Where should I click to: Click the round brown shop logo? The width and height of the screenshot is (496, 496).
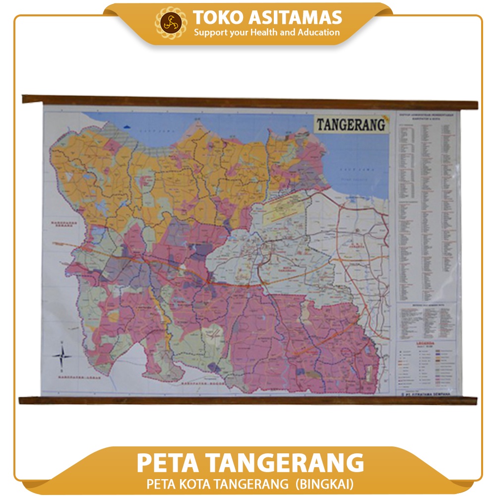click(171, 23)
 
